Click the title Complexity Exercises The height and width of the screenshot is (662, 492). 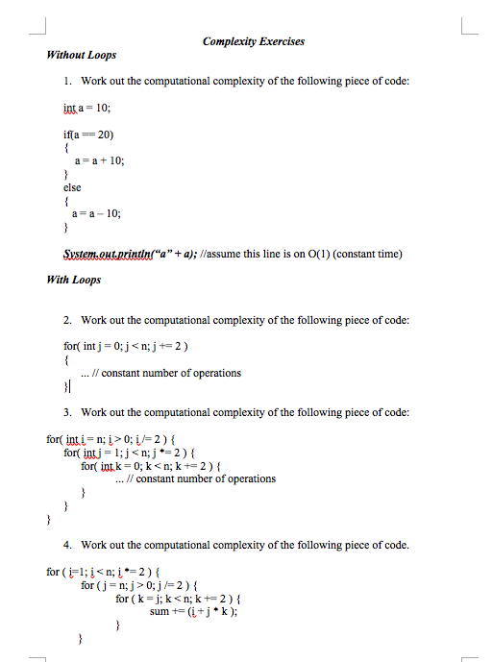253,41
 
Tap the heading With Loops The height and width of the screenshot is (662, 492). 74,280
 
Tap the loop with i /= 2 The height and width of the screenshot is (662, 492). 121,438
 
